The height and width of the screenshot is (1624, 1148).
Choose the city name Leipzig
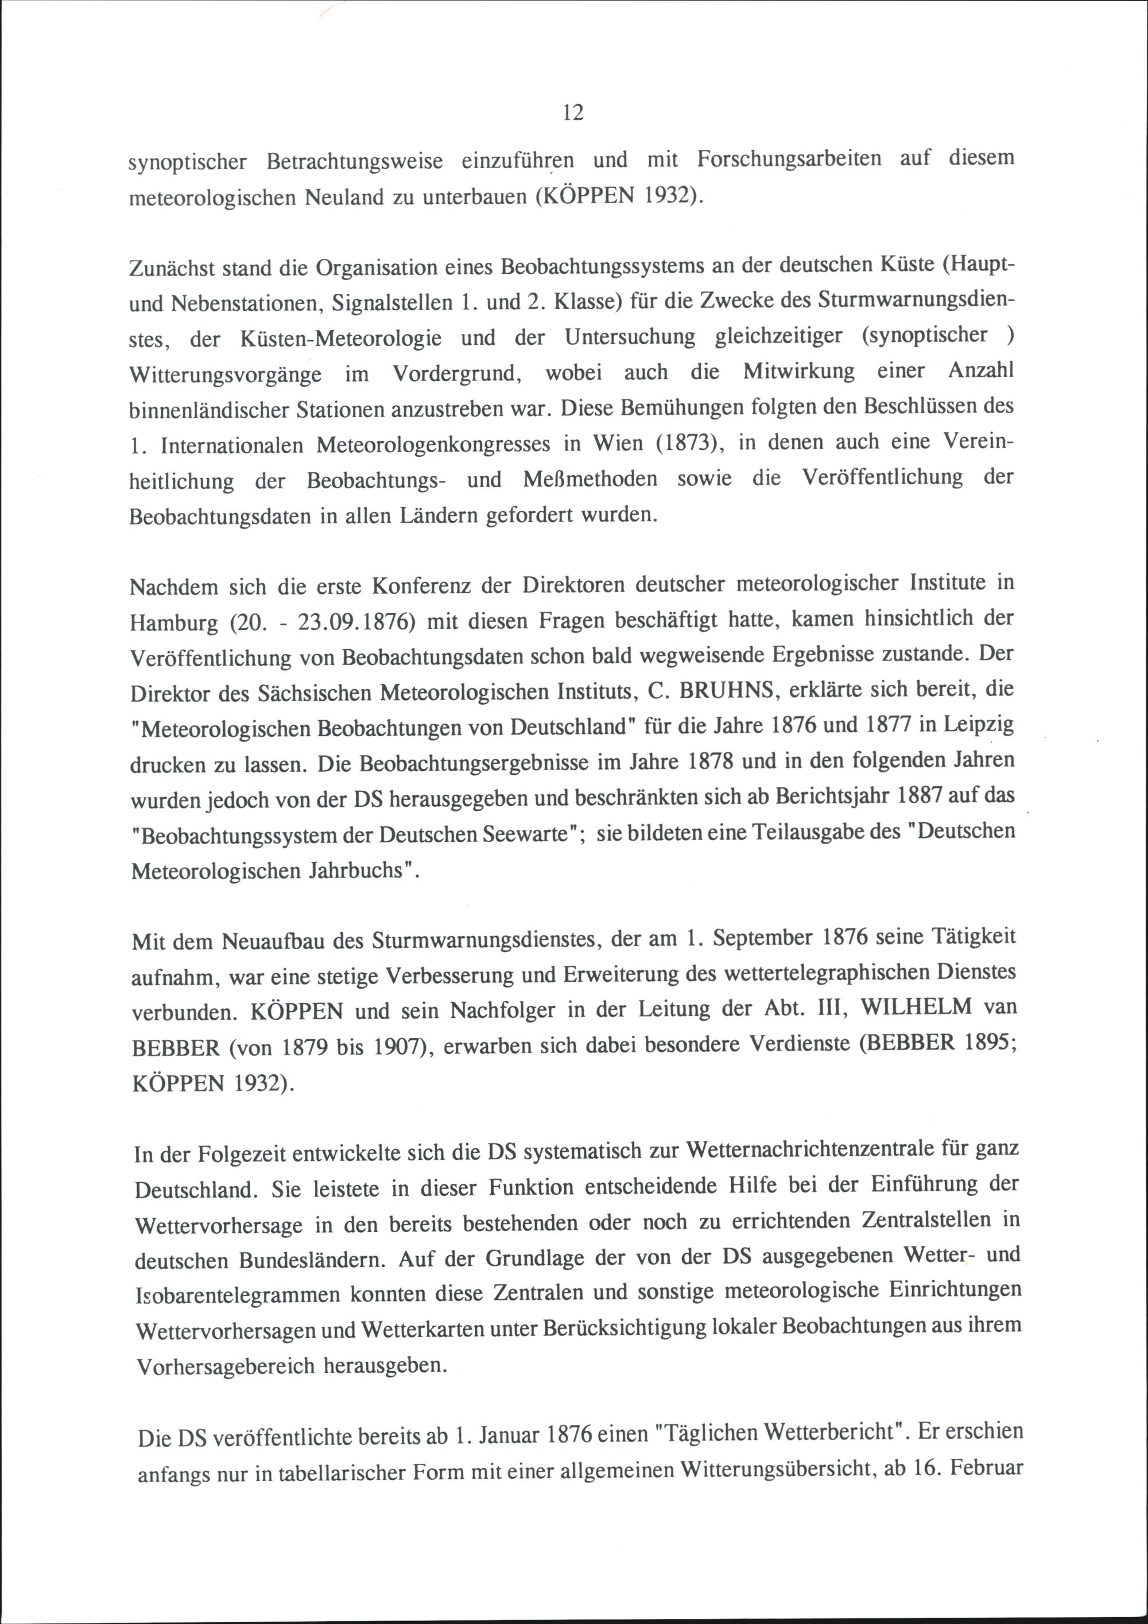click(979, 725)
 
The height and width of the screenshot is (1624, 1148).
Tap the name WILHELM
click(916, 1007)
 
